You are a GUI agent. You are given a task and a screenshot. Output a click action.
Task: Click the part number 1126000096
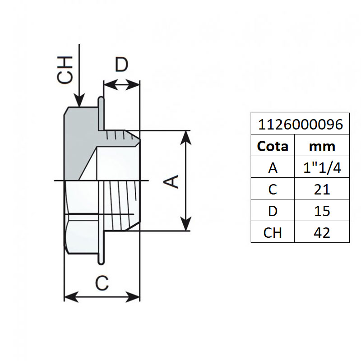300,124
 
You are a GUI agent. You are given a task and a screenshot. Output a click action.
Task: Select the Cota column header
272,146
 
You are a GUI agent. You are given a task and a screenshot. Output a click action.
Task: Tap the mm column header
322,146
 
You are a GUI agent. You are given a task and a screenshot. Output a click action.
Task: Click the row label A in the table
272,168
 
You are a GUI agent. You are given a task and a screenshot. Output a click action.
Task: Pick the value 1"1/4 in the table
322,168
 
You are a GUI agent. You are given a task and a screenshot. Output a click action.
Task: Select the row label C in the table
272,189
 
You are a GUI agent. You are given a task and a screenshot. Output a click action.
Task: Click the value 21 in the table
322,189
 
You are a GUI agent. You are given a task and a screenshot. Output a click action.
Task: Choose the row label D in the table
272,211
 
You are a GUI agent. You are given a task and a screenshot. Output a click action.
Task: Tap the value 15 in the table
322,211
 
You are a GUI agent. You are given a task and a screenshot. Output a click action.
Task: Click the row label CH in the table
272,232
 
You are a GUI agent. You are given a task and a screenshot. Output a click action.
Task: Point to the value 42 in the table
322,232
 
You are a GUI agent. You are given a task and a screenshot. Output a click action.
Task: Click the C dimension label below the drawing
102,283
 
